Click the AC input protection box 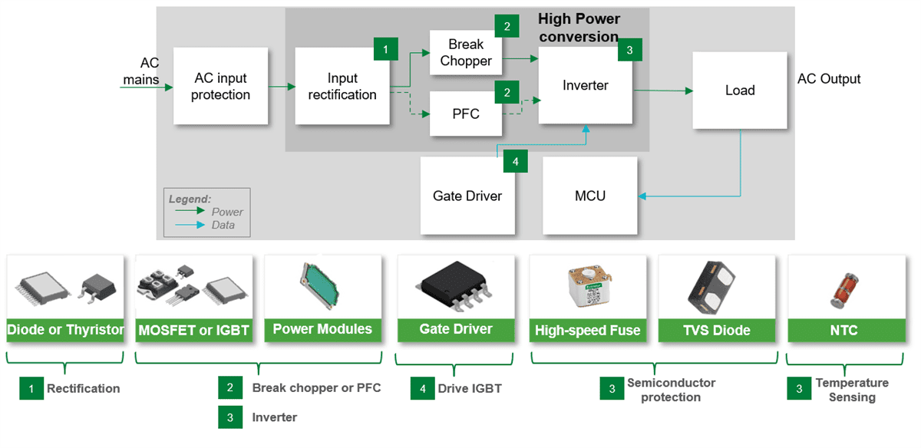coord(220,86)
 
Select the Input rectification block coord(342,86)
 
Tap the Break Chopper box coord(466,52)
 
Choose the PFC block coord(466,114)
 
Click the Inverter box coord(585,85)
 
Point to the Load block coord(740,90)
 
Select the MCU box coord(589,196)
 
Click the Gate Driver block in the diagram coord(467,196)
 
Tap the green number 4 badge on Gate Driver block coord(516,162)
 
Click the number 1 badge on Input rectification coord(385,49)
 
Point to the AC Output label coord(829,78)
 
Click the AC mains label coord(141,71)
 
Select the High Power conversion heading coord(579,28)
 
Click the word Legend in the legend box coord(190,199)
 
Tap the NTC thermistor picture coord(843,288)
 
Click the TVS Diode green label coord(716,331)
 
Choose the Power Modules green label coord(322,329)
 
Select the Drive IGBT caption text coord(470,388)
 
